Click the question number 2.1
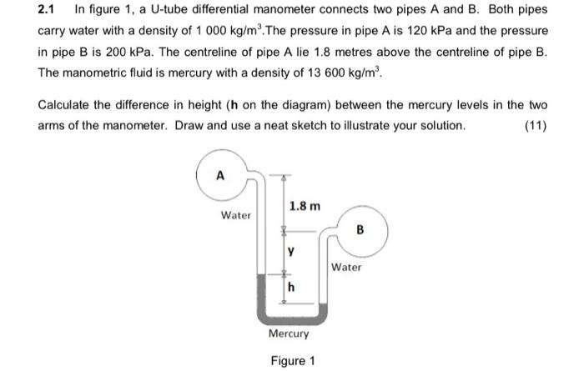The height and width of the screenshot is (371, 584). pos(49,10)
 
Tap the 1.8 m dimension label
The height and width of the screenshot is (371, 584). pos(304,205)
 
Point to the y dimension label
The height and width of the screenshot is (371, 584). pos(290,248)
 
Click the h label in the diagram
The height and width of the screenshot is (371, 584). pos(291,288)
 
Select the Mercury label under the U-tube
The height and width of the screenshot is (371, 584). pos(289,333)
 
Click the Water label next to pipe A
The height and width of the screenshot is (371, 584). pos(236,215)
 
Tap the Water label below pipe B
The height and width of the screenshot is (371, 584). pos(346,268)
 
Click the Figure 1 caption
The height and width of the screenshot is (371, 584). pos(292,361)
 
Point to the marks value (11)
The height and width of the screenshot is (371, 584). pos(534,125)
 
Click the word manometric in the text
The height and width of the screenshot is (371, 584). pos(92,73)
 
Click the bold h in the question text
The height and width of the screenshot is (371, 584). pos(229,107)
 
